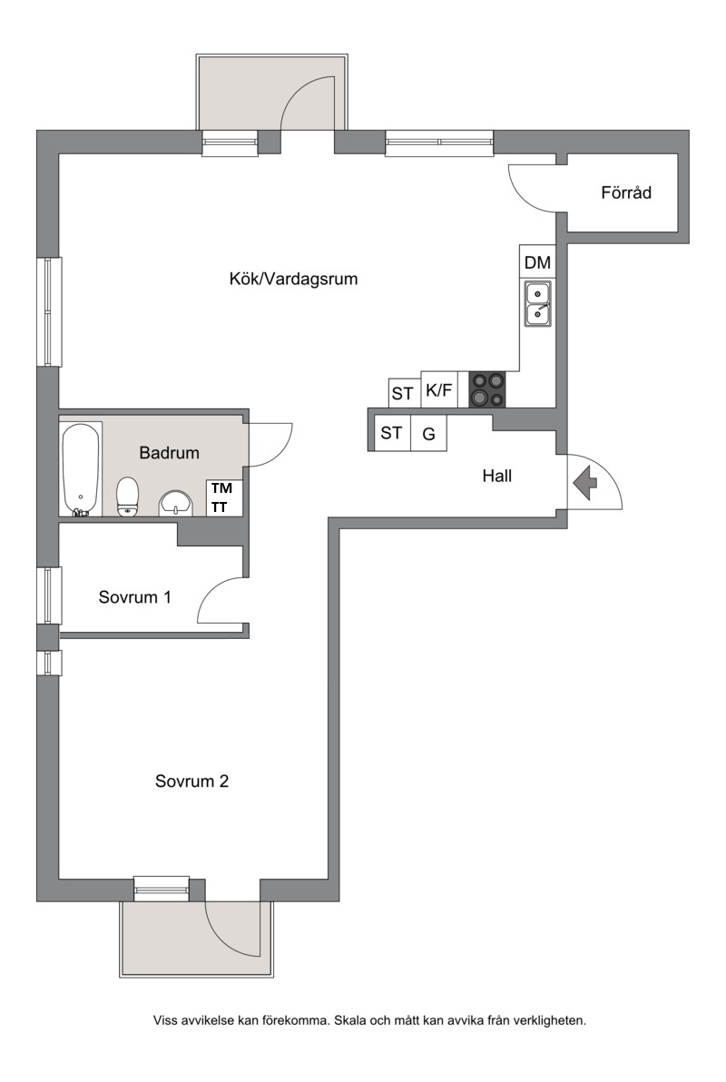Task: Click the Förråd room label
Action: point(626,192)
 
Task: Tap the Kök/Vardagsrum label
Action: point(293,279)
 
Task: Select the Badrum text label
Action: point(169,453)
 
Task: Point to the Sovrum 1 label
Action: point(134,597)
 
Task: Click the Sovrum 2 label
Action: point(191,782)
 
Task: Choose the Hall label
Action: point(497,476)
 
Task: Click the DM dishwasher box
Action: point(536,261)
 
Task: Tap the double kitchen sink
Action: point(537,303)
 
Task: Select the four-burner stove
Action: point(487,390)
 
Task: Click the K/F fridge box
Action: point(439,390)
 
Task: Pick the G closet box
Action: point(428,433)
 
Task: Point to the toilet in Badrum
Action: point(128,497)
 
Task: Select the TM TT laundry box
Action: point(223,497)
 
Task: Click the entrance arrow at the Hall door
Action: point(585,483)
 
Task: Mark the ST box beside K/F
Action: point(403,393)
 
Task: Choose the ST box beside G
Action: point(391,433)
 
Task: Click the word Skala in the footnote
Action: point(350,1020)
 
